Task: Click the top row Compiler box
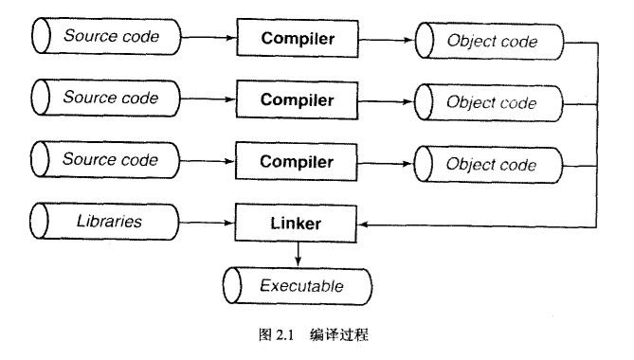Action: (x=297, y=41)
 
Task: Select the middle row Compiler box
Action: (x=297, y=99)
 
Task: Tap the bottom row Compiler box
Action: (x=297, y=161)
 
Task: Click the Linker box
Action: (x=297, y=224)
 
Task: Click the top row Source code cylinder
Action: (x=107, y=37)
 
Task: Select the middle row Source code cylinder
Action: (x=107, y=98)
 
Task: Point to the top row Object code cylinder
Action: (x=491, y=43)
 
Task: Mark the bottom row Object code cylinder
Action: (x=491, y=165)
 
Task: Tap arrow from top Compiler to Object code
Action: (x=387, y=41)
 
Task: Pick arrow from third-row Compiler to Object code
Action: (x=387, y=162)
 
